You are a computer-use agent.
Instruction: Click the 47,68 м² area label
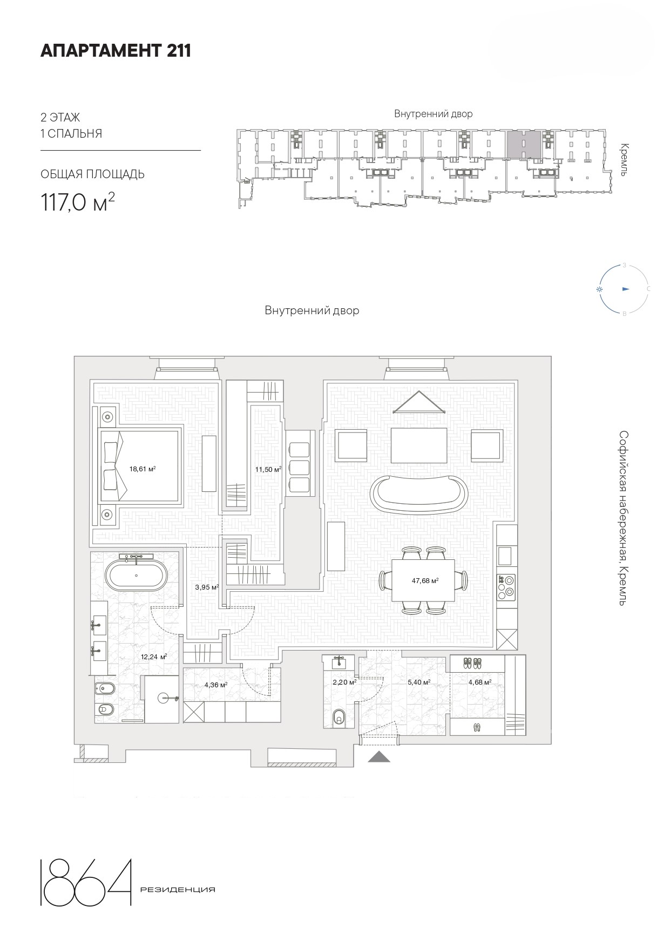[x=425, y=581]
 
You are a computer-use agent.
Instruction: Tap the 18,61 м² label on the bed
[x=143, y=469]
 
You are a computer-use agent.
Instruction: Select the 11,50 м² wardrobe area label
[x=268, y=469]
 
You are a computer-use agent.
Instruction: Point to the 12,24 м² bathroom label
[x=153, y=657]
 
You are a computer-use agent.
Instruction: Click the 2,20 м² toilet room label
[x=344, y=682]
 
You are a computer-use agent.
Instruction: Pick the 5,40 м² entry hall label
[x=418, y=682]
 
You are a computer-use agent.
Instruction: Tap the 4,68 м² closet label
[x=479, y=682]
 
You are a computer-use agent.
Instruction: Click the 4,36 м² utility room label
[x=215, y=685]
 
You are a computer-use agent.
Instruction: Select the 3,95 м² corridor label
[x=207, y=587]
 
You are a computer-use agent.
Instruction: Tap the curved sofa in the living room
[x=419, y=492]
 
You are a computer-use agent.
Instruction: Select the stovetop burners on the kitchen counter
[x=506, y=587]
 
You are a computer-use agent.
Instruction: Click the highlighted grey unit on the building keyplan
[x=524, y=144]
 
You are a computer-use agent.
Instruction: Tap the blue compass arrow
[x=626, y=289]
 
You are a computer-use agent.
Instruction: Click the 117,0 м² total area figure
[x=77, y=202]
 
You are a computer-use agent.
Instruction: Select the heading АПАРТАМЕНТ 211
[x=116, y=51]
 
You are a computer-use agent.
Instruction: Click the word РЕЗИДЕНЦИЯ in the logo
[x=177, y=890]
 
